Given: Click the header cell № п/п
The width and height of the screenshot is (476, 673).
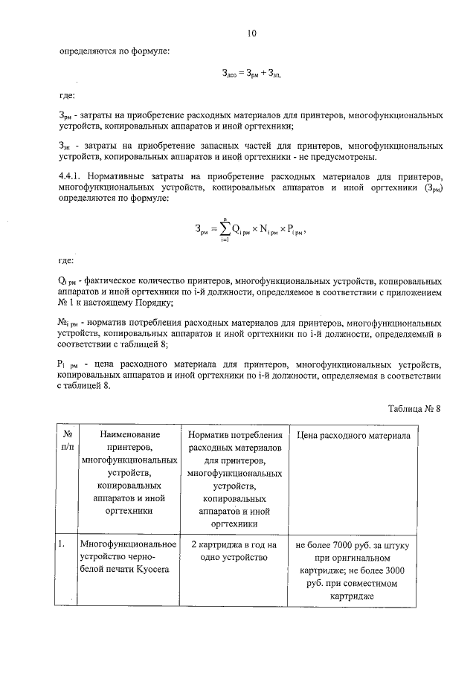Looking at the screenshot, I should click(67, 441).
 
